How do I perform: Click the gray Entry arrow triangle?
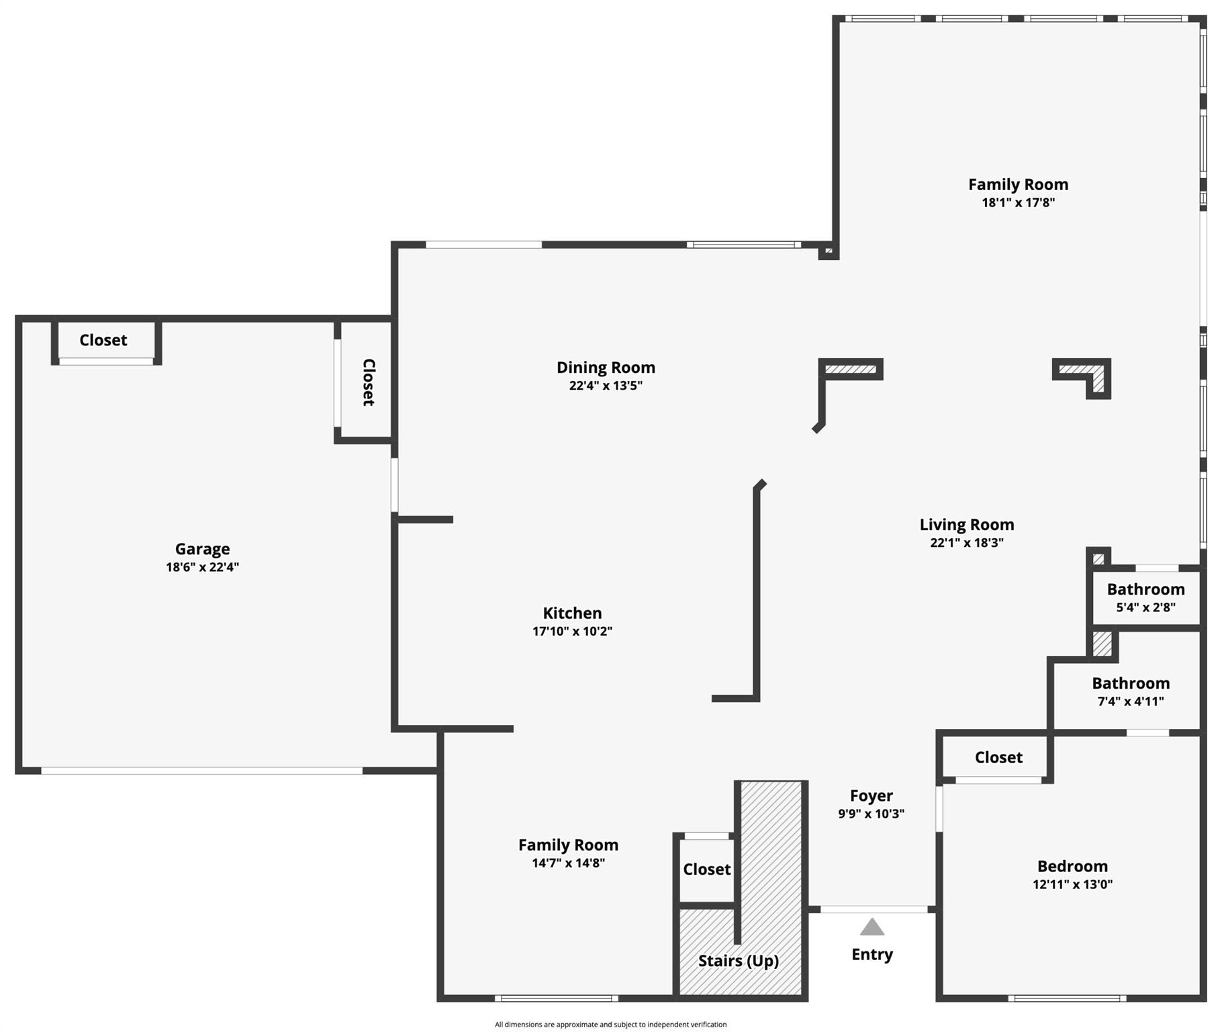click(x=872, y=927)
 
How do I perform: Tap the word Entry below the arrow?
click(x=872, y=955)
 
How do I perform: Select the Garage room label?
click(x=203, y=550)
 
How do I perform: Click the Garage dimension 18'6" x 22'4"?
click(x=203, y=567)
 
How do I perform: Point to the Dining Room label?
click(x=606, y=368)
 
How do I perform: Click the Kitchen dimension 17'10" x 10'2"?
click(x=572, y=631)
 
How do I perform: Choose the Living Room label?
click(x=967, y=525)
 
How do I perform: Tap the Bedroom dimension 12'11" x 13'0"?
click(x=1073, y=884)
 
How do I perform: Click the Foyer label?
click(x=872, y=796)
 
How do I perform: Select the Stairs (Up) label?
click(x=739, y=961)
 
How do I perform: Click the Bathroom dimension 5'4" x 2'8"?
click(x=1146, y=607)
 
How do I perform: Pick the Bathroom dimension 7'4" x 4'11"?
click(x=1131, y=701)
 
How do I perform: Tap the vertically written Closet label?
click(x=369, y=382)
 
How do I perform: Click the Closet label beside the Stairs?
click(x=707, y=869)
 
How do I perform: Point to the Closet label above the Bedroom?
click(x=999, y=758)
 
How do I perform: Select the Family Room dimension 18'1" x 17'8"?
click(x=1019, y=202)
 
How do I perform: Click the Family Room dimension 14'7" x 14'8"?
click(x=569, y=863)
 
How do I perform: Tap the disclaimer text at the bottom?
click(x=611, y=1025)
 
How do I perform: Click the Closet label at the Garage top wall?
click(x=103, y=340)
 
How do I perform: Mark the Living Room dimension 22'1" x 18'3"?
click(x=967, y=543)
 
